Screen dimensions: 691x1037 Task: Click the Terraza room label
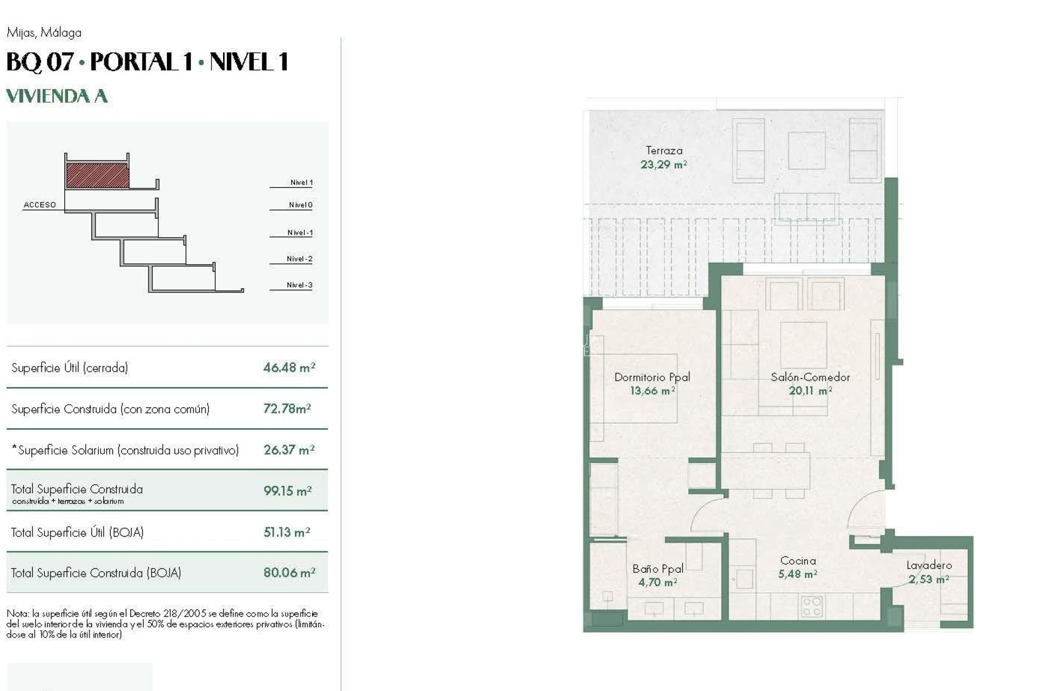[664, 151]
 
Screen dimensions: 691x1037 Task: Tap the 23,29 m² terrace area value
[663, 165]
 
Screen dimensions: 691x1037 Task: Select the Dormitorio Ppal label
[652, 377]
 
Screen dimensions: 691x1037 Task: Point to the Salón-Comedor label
[810, 377]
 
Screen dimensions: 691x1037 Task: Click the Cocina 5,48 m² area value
[797, 574]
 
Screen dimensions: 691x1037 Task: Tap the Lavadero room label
[928, 565]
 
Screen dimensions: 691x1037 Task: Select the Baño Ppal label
[658, 568]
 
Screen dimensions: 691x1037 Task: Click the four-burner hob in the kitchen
[811, 606]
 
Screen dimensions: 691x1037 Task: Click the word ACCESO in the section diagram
[39, 205]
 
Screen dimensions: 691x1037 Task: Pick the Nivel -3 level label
[299, 285]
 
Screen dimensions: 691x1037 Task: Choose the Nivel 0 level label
[300, 205]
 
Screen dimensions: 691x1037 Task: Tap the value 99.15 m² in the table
[287, 491]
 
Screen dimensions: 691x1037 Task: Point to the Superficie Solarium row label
[125, 450]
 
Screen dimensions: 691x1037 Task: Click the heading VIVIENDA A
[57, 96]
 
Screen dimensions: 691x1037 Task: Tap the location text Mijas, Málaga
[44, 32]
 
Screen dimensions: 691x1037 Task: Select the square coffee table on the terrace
[806, 151]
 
